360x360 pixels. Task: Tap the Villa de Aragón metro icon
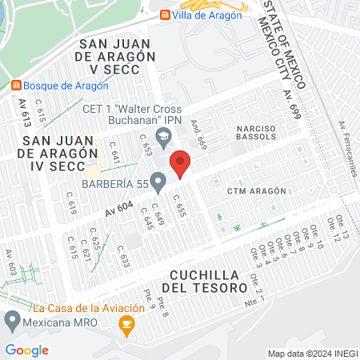pyautogui.click(x=165, y=14)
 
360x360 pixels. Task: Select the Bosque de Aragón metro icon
pyautogui.click(x=16, y=85)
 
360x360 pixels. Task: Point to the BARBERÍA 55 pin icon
pyautogui.click(x=158, y=184)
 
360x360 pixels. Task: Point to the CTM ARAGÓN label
pyautogui.click(x=256, y=191)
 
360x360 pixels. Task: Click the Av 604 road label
pyautogui.click(x=119, y=207)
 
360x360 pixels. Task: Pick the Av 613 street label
pyautogui.click(x=25, y=113)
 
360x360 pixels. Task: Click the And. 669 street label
pyautogui.click(x=198, y=136)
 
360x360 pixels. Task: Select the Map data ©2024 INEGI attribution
pyautogui.click(x=312, y=354)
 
